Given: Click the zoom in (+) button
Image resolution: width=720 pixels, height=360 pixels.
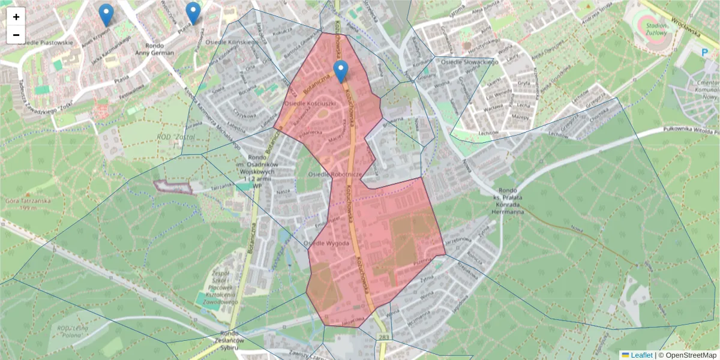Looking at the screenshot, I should tap(16, 17).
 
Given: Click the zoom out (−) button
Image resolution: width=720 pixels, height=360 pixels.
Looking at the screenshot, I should tap(16, 35).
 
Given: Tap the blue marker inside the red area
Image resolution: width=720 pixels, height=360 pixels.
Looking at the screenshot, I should tap(341, 71).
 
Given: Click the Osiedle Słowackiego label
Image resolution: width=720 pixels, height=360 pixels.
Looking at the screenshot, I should tap(470, 62).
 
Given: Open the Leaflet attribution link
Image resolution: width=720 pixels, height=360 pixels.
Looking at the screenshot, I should tap(640, 355).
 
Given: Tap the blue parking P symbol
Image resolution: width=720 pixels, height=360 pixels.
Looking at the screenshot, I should tap(704, 53).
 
